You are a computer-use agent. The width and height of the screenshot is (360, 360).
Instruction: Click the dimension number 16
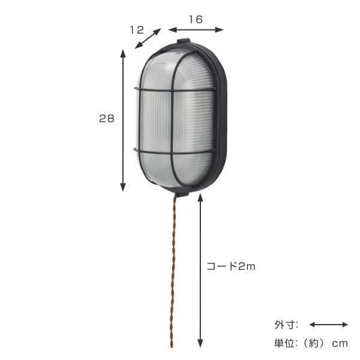(195, 19)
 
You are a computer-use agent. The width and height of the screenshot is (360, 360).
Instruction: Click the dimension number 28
(107, 119)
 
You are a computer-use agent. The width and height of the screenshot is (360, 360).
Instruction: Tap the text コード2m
(231, 266)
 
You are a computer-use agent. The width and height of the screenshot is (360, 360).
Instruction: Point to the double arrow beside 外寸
(328, 325)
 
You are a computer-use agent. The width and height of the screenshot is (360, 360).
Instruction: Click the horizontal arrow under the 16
(196, 29)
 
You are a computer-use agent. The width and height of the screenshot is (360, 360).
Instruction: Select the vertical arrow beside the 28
(124, 120)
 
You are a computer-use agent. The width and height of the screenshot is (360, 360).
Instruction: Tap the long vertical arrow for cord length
(200, 270)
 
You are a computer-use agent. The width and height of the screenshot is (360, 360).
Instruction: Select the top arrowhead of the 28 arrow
(124, 53)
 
